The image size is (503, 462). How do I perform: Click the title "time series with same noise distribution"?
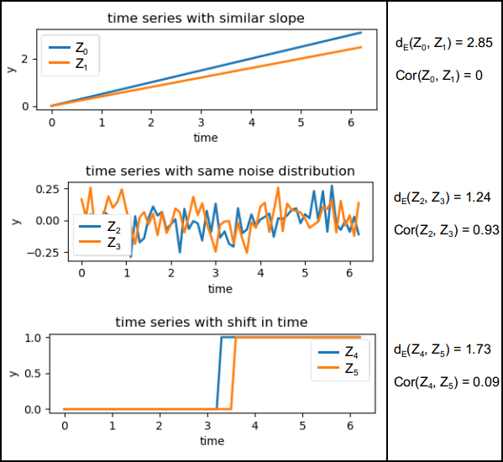click(x=220, y=171)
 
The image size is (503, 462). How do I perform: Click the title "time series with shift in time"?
click(x=211, y=322)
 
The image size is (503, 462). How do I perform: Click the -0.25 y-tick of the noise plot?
click(x=42, y=252)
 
